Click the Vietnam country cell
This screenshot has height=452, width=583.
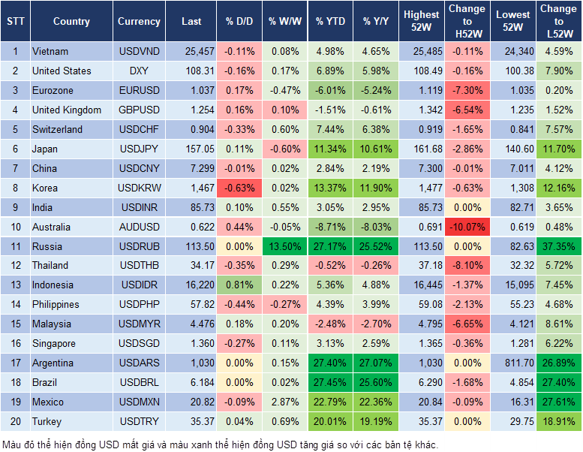(50, 52)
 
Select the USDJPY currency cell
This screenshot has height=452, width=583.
(139, 149)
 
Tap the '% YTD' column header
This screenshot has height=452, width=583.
(330, 22)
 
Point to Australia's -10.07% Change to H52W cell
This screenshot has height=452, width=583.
(467, 227)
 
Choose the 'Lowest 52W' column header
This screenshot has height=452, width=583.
(514, 21)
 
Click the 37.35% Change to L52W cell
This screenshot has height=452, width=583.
(558, 246)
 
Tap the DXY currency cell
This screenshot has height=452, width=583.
(139, 71)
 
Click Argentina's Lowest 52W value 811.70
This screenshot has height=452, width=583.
(514, 363)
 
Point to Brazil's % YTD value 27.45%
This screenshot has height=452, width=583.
(330, 382)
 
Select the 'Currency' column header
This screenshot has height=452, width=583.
(139, 22)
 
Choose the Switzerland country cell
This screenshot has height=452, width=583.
(58, 129)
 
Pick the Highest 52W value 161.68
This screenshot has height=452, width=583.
(421, 149)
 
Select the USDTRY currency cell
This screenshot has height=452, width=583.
(139, 421)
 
